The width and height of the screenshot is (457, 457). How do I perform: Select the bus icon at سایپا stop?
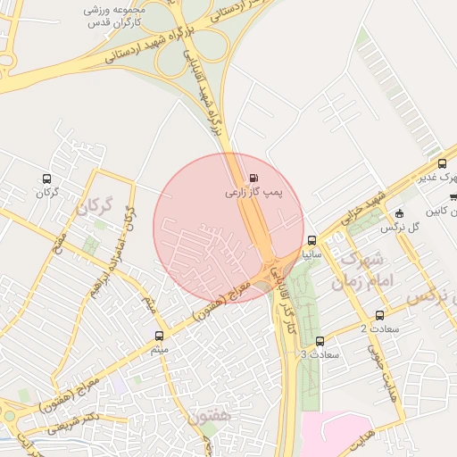312,240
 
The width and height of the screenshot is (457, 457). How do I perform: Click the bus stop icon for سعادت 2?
380,315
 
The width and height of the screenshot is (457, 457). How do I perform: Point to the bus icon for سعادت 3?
320,341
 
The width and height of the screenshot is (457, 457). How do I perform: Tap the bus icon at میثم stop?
160,337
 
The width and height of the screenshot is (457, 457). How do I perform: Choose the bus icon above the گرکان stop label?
46,179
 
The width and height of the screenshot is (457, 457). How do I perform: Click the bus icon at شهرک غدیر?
442,163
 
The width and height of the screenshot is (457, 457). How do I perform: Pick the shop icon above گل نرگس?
399,213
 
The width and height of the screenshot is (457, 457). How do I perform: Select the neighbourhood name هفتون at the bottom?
211,416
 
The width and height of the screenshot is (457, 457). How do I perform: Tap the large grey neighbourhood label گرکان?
95,209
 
